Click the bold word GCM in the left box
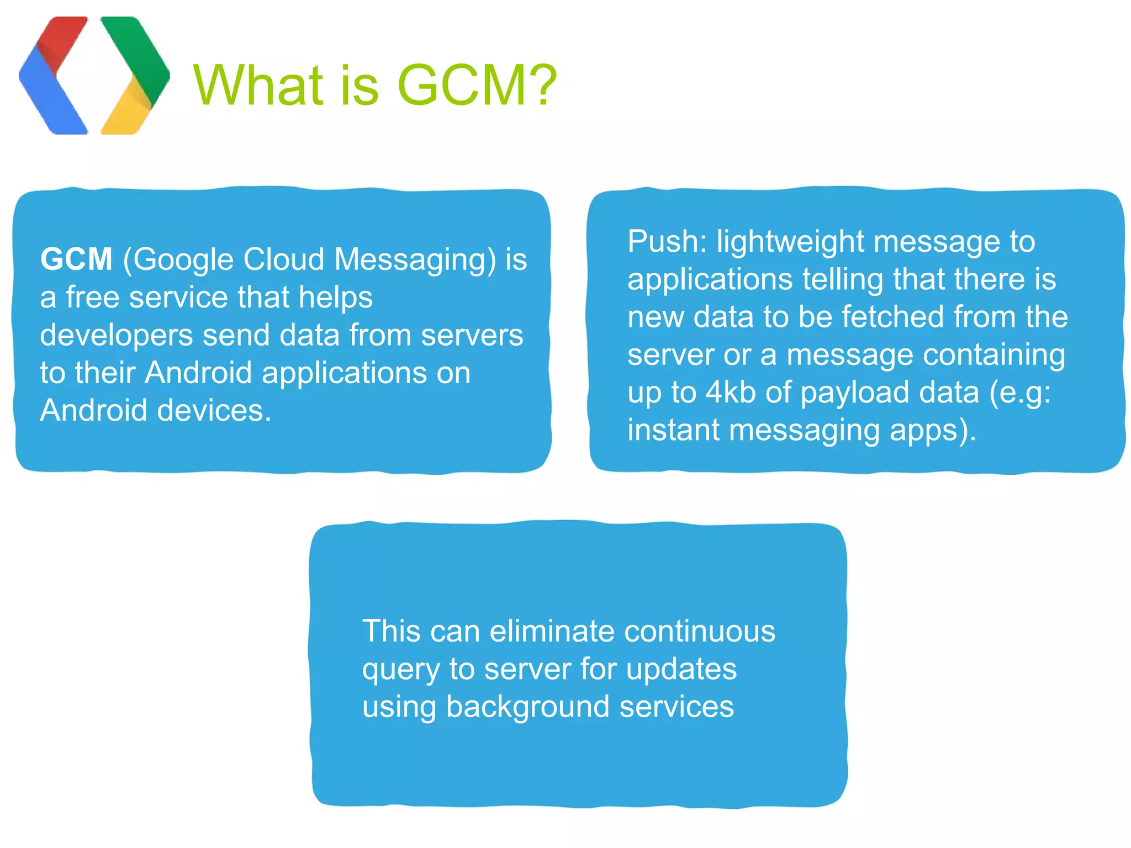[x=76, y=259]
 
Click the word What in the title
[x=258, y=86]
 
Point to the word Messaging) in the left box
[x=415, y=259]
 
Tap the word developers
[x=117, y=336]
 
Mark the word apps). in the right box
[x=933, y=430]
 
